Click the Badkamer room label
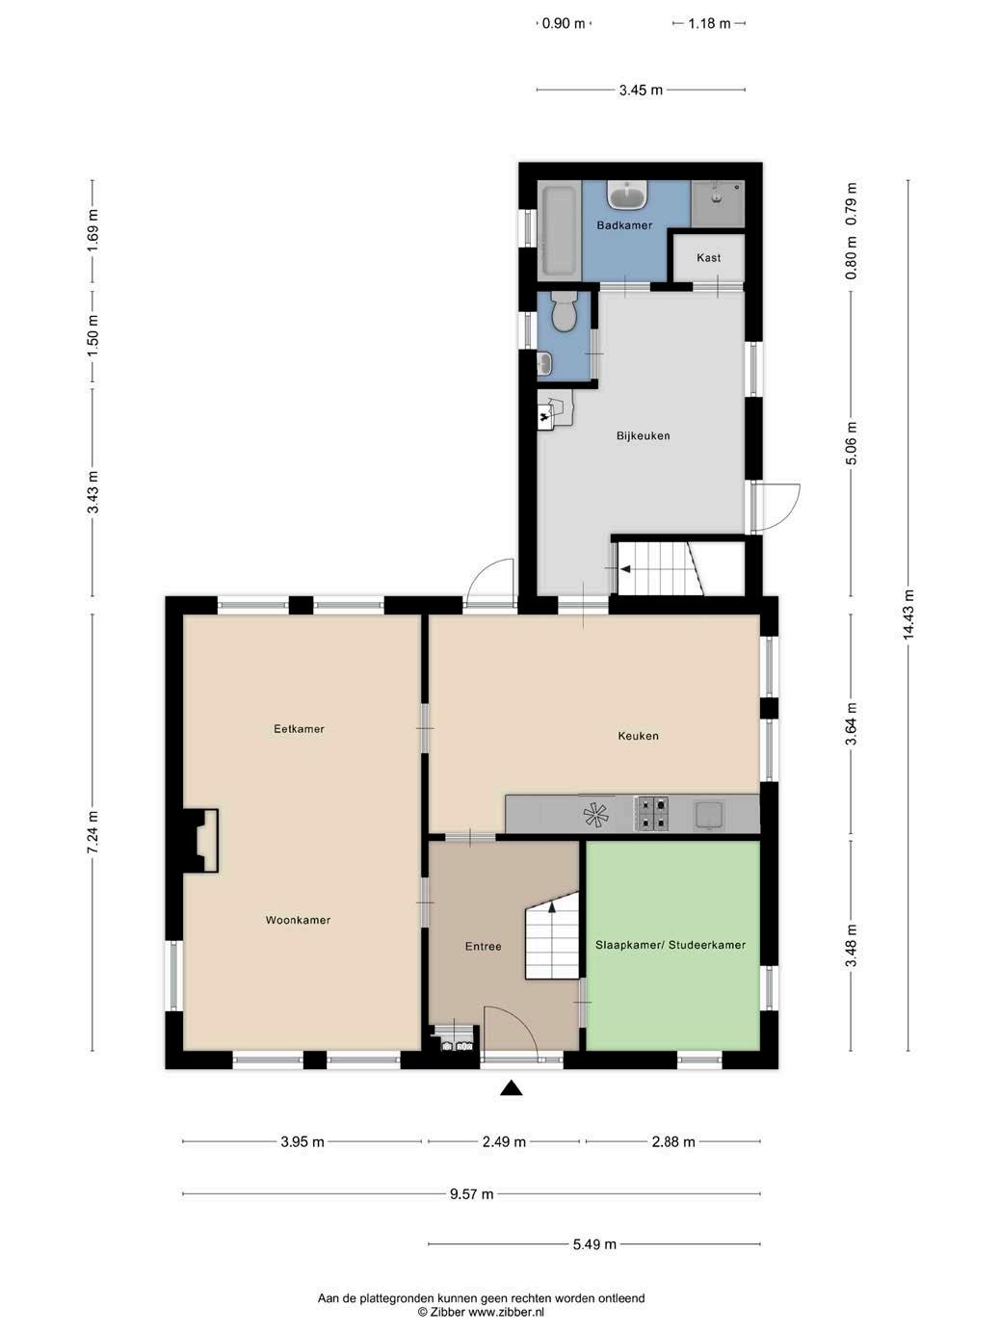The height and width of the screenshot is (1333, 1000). point(624,225)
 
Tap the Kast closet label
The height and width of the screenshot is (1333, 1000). point(708,257)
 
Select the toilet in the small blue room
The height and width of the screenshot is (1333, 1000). point(564,311)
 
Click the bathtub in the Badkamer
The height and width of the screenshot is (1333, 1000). point(559,231)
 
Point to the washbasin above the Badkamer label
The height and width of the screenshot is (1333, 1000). point(628,196)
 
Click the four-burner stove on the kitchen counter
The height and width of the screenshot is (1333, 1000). point(651,813)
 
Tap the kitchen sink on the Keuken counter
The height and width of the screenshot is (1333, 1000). point(708,815)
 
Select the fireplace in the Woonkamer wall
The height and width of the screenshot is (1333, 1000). point(200,841)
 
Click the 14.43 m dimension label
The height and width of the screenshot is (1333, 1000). point(908,614)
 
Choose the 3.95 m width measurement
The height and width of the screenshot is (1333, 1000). point(303,1141)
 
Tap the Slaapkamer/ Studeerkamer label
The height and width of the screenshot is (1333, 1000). point(671,945)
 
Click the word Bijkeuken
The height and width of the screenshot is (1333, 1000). point(643,435)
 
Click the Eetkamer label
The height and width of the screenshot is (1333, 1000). point(299,729)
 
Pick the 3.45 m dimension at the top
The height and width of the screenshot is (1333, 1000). point(641,91)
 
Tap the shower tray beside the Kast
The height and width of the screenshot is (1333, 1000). point(718,204)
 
